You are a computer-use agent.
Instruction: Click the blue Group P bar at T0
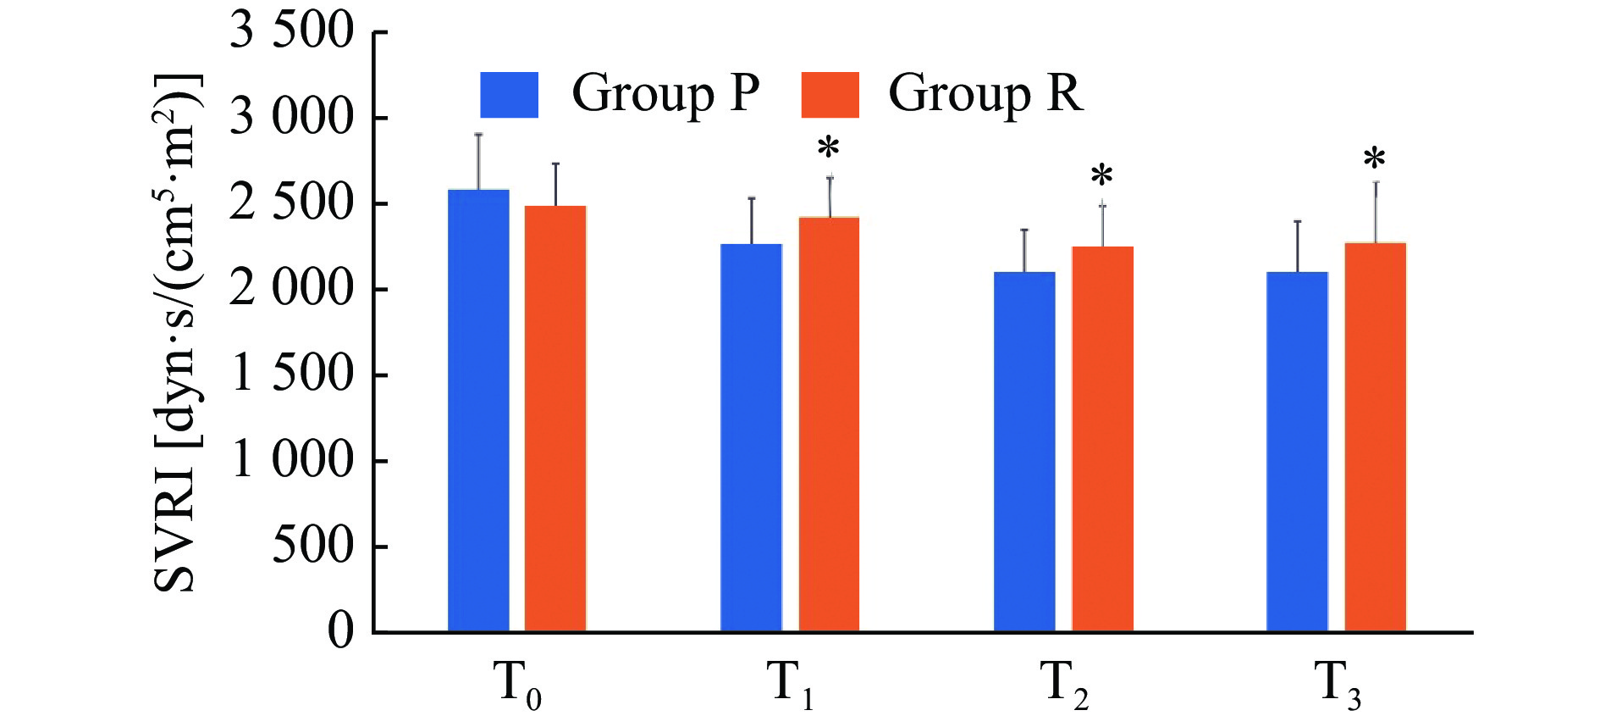(478, 410)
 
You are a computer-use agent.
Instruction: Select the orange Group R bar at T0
(555, 419)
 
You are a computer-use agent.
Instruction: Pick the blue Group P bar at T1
(751, 437)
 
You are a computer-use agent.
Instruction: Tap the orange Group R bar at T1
(829, 424)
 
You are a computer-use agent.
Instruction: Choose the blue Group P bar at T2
(1024, 452)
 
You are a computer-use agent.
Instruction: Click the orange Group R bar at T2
(1102, 439)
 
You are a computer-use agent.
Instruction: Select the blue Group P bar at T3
(1297, 452)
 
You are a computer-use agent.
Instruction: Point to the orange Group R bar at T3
(1375, 437)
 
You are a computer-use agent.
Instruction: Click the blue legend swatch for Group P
(509, 95)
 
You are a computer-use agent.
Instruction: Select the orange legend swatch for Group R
(830, 95)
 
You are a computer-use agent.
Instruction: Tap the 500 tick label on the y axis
(312, 546)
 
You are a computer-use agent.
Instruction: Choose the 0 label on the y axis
(340, 631)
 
